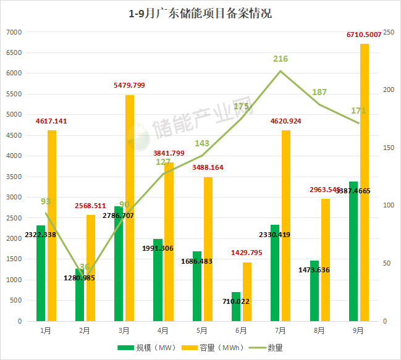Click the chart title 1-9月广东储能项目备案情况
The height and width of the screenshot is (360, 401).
tap(200, 13)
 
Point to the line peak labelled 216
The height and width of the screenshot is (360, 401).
tap(281, 70)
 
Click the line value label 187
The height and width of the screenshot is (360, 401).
tap(319, 93)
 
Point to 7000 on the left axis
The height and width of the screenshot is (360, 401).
tap(14, 32)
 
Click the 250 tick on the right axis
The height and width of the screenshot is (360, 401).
tap(388, 32)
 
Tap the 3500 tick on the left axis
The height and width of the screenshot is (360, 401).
tap(14, 177)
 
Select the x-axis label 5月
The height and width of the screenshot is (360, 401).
tap(202, 331)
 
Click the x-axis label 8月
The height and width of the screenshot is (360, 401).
tap(319, 331)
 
